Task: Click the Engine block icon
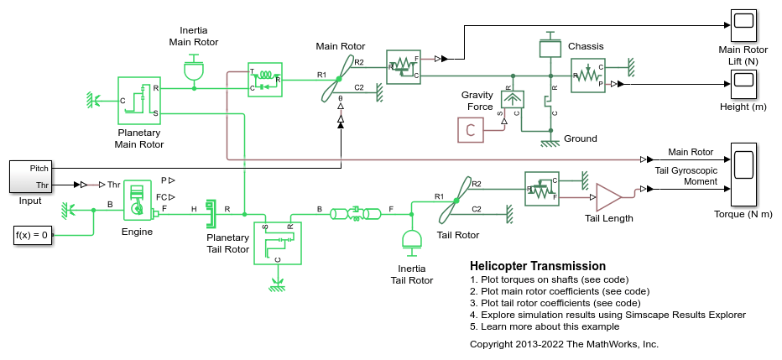click(x=138, y=201)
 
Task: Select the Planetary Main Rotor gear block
click(x=139, y=100)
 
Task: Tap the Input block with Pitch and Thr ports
click(x=30, y=176)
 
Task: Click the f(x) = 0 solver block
click(x=32, y=235)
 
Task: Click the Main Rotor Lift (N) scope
click(x=743, y=27)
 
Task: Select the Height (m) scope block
click(x=743, y=84)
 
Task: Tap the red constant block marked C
click(x=471, y=130)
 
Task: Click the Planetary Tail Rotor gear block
click(x=277, y=243)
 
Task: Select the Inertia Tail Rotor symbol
click(x=411, y=239)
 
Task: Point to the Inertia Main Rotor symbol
click(x=195, y=68)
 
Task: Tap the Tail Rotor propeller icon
click(x=456, y=201)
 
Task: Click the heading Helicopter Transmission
click(x=538, y=266)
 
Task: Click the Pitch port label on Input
click(x=39, y=169)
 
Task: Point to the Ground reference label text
click(x=581, y=138)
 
